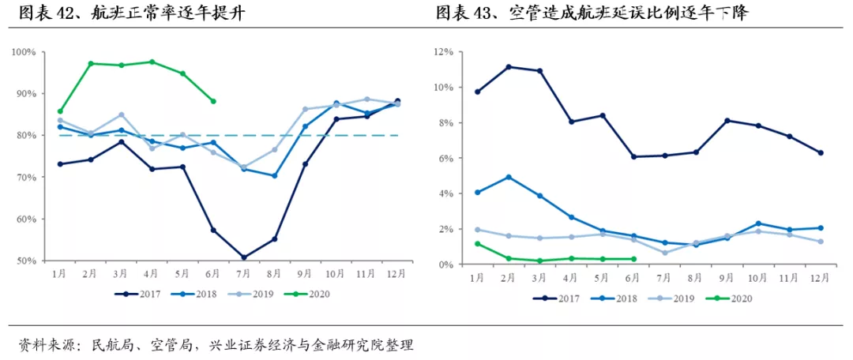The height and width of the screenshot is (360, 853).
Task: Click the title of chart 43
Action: click(592, 14)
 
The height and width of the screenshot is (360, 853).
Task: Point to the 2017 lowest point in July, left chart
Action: click(244, 257)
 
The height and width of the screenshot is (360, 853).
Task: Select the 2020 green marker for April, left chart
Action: click(152, 62)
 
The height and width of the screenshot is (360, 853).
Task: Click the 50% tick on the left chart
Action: click(26, 261)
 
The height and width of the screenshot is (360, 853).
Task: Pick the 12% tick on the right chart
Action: click(442, 52)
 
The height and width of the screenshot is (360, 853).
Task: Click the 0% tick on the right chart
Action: click(444, 264)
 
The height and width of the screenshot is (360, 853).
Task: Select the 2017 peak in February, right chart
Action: click(509, 66)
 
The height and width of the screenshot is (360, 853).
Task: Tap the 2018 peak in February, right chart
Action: click(509, 177)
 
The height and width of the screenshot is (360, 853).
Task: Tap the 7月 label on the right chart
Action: click(664, 279)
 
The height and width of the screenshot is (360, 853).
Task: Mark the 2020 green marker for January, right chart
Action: click(477, 244)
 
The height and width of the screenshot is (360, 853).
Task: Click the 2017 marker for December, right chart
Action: click(821, 153)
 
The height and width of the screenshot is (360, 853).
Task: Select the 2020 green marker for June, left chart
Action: click(213, 101)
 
